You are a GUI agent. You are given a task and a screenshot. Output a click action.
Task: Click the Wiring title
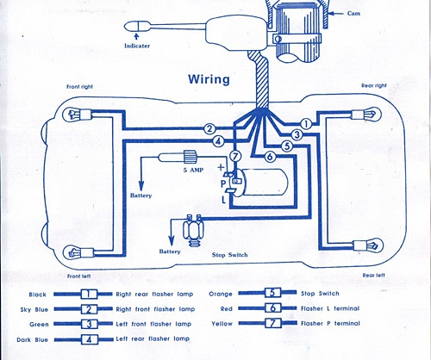[x=209, y=79]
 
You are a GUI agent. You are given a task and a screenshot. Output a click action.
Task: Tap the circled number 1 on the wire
[x=306, y=124]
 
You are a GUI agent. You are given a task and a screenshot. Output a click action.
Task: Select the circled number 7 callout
[x=235, y=157]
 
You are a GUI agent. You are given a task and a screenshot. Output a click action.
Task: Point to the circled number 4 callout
[x=218, y=141]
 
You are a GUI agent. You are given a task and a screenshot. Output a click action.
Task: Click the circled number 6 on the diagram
[x=270, y=157]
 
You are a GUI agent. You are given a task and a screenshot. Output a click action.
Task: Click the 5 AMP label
[x=193, y=170]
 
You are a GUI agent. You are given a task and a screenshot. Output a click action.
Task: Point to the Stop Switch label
[x=229, y=255]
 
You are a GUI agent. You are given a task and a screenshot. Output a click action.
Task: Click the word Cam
[x=353, y=14]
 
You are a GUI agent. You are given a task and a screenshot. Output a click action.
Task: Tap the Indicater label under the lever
[x=137, y=46]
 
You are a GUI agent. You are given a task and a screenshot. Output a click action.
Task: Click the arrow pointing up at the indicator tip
[x=137, y=36]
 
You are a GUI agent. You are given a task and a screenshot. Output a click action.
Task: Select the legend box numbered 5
[x=272, y=293]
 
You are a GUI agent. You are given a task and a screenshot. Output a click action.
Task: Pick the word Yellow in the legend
[x=222, y=324]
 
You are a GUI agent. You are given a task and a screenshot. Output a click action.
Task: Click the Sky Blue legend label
[x=34, y=310]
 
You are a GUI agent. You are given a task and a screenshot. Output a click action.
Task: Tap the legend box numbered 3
[x=89, y=324]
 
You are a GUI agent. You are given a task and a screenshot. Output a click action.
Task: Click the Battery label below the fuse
[x=141, y=196]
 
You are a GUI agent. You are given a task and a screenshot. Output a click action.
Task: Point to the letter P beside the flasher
[x=223, y=184]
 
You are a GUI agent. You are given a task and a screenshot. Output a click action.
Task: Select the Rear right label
[x=374, y=85]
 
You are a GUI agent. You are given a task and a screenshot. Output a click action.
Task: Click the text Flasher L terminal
[x=330, y=308]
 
